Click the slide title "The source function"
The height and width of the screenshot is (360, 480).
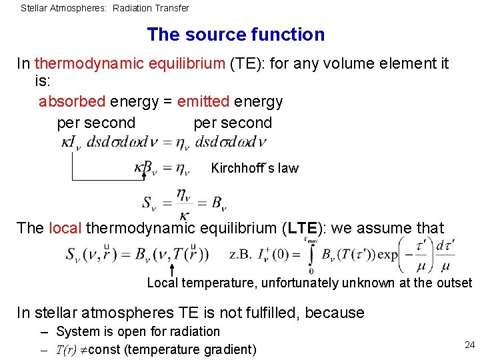(x=235, y=35)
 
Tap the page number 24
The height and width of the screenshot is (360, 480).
(x=469, y=345)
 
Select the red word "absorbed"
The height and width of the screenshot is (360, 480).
(x=72, y=101)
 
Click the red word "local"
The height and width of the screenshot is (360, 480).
(x=65, y=228)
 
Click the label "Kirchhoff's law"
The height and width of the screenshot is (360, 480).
(x=255, y=168)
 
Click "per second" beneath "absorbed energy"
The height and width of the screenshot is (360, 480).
(x=96, y=123)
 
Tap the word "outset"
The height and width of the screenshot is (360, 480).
(x=454, y=283)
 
